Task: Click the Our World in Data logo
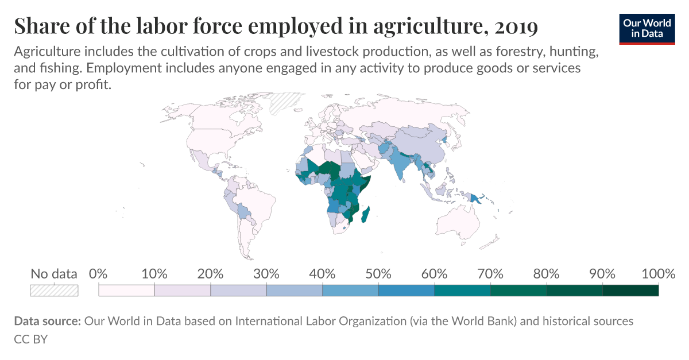647,28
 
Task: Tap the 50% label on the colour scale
378,274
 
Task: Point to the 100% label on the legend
657,274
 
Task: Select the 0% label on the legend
99,274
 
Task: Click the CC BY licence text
30,339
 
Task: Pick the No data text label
54,274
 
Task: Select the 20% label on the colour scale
210,274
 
